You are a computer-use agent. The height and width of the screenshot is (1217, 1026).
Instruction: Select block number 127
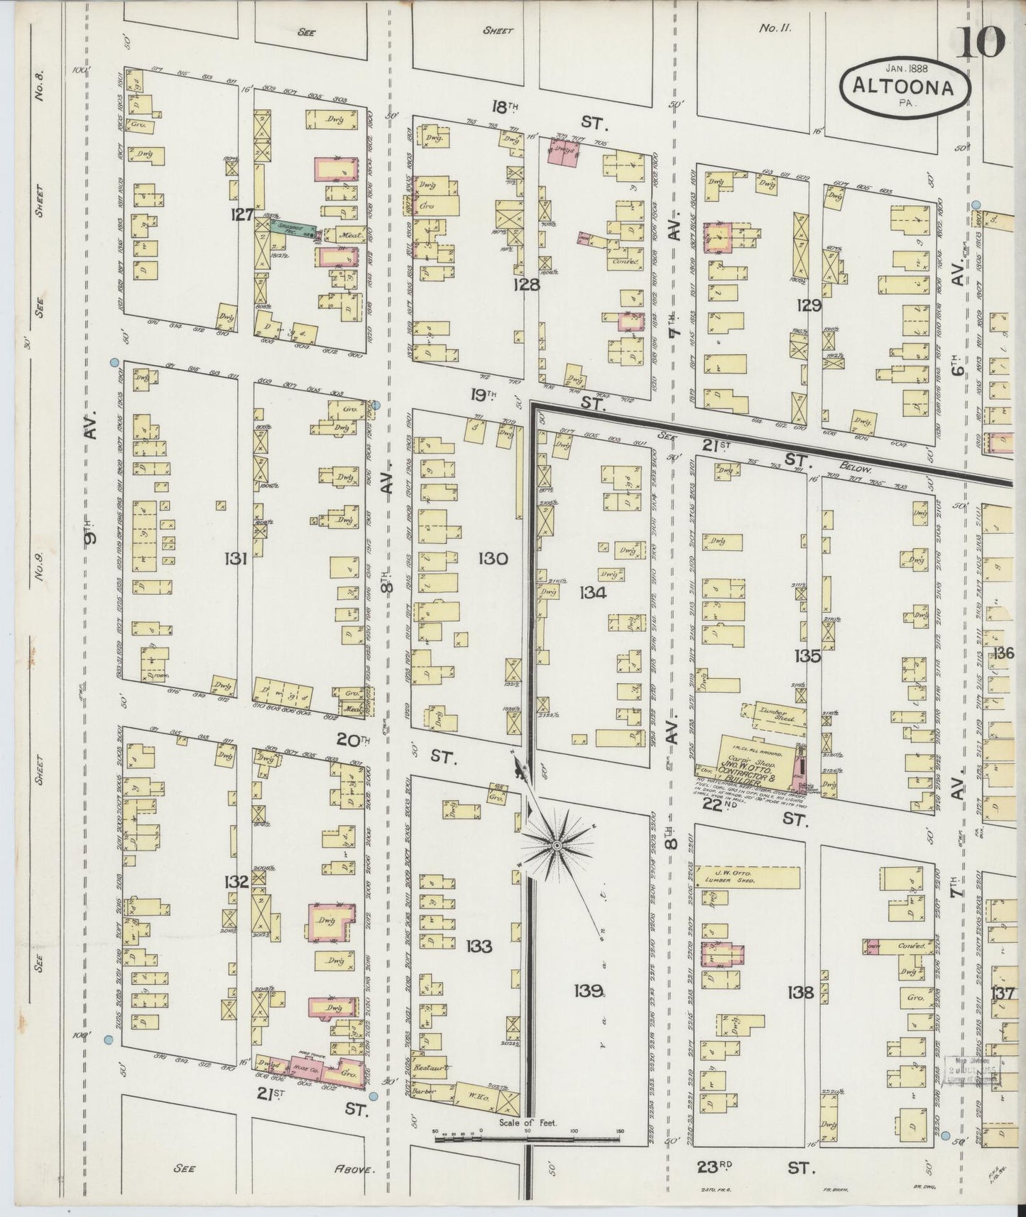[x=242, y=214]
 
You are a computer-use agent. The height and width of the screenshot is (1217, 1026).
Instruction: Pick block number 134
[x=592, y=592]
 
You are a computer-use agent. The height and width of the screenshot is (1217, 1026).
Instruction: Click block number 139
[x=590, y=990]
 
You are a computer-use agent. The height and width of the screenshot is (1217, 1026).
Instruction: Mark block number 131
[x=235, y=560]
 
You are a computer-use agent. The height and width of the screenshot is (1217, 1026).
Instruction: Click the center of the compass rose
[x=558, y=846]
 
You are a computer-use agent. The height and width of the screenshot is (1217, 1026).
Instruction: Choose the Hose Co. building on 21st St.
[x=300, y=1069]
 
